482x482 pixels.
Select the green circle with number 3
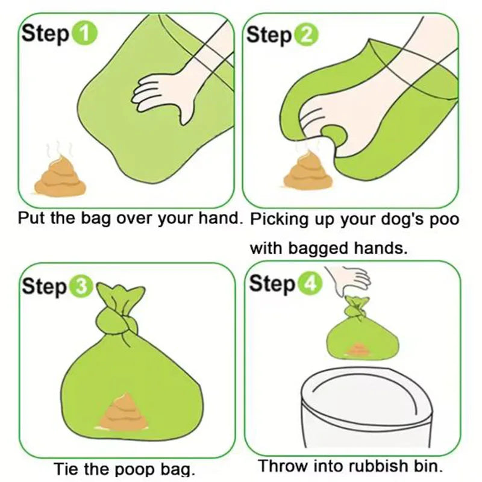(81, 288)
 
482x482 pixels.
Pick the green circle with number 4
(307, 283)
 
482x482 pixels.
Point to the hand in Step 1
(166, 90)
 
